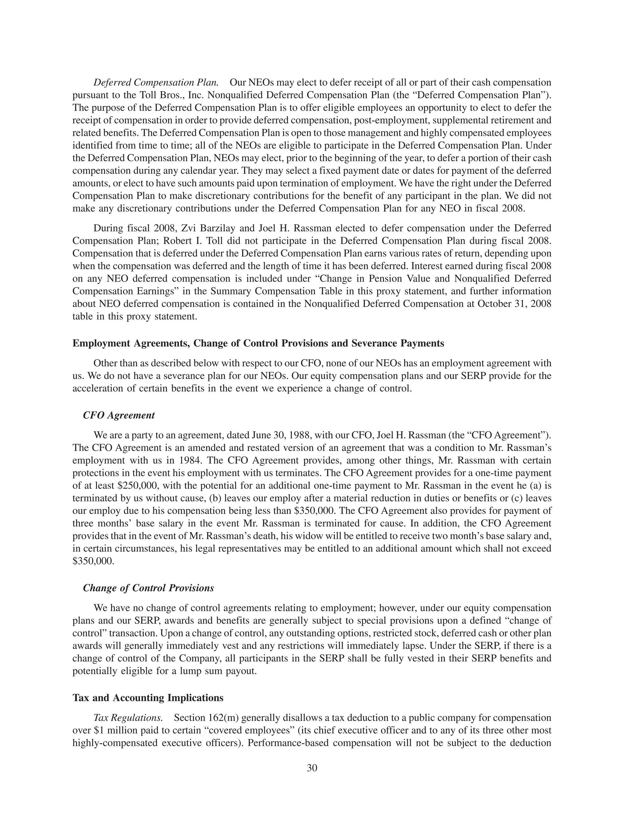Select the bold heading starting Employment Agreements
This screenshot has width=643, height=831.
[258, 343]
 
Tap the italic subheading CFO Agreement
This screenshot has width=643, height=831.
[119, 415]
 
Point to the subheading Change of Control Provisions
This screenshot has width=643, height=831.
[148, 588]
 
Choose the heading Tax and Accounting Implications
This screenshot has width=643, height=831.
[148, 698]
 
